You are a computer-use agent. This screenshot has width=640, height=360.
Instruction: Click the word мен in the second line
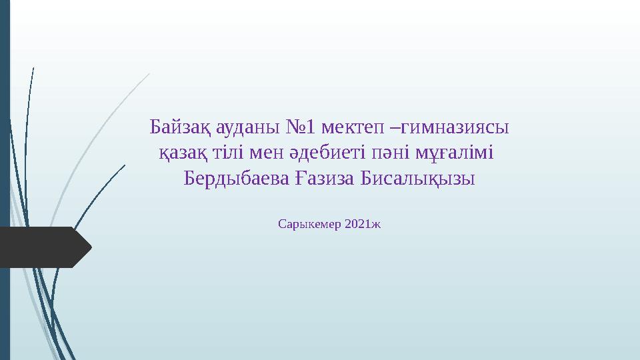tap(265, 153)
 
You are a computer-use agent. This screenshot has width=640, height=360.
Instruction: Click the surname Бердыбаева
tap(237, 179)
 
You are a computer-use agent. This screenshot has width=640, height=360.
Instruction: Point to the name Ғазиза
tap(323, 179)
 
